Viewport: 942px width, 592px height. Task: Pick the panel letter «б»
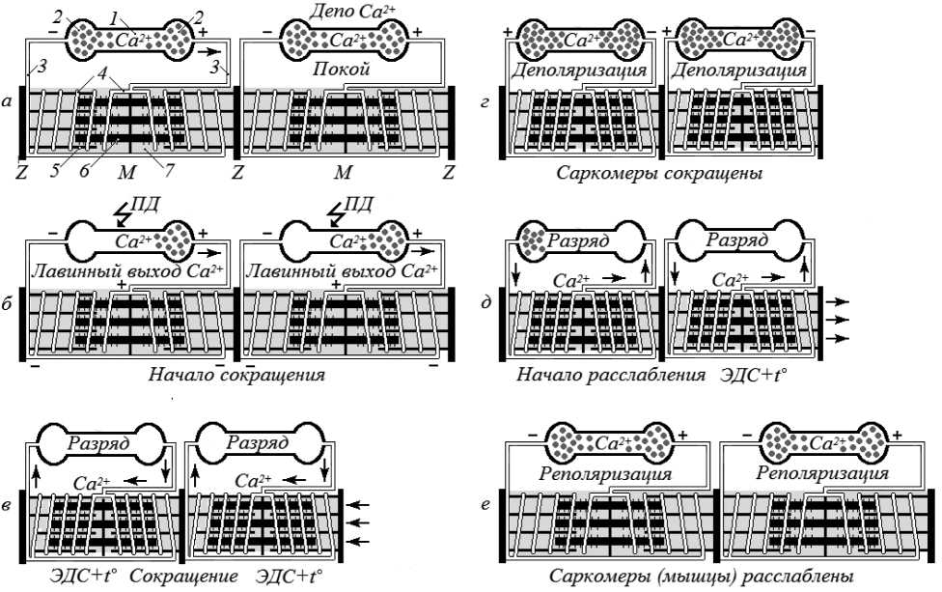8,310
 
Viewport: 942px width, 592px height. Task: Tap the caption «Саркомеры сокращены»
660,174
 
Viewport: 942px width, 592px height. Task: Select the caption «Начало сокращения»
236,375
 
